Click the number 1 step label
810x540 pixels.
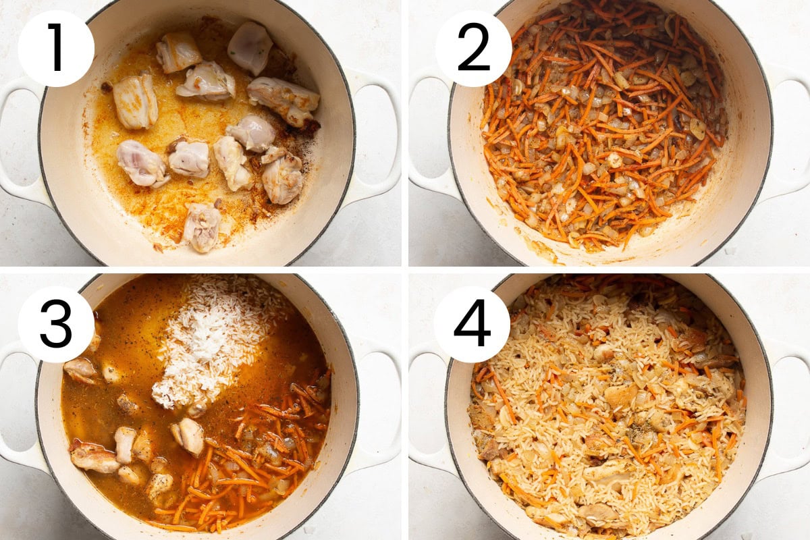[56, 48]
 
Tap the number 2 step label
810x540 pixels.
[473, 48]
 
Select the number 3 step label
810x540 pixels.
[56, 324]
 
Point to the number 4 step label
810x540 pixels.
[472, 324]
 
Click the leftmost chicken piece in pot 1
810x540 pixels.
[136, 104]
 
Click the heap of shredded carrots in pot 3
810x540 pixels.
[253, 460]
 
